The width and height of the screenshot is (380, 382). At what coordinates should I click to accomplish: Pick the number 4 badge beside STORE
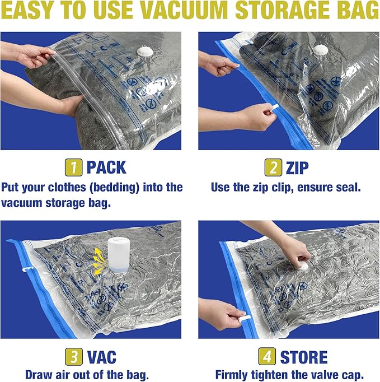266,356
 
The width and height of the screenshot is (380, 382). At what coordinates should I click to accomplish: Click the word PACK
106,167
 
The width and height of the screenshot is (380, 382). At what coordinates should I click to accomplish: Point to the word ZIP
297,167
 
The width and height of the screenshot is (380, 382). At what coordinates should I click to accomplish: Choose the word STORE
304,356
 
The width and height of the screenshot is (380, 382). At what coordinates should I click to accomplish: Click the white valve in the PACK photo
145,52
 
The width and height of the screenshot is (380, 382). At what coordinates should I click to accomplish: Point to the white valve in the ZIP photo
320,50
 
